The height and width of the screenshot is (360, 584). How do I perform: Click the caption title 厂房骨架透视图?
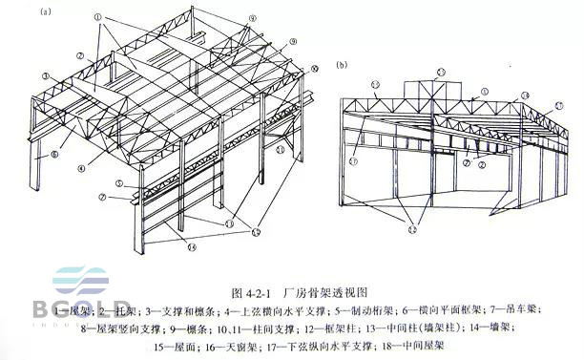[x=317, y=293]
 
